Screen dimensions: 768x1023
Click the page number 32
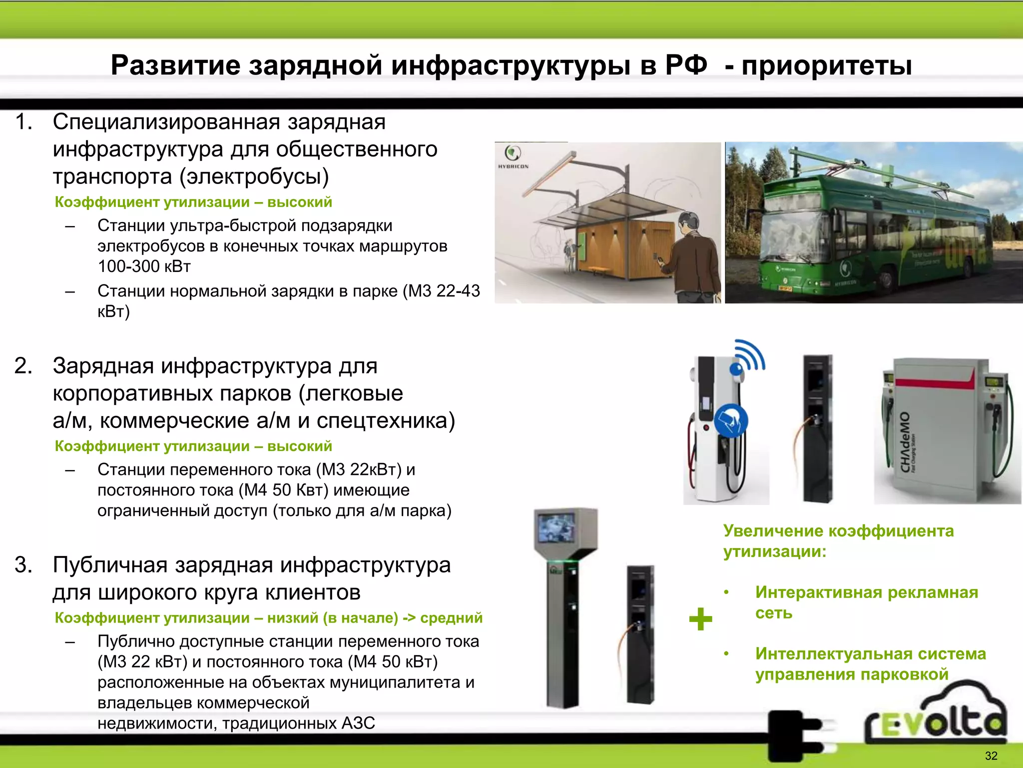991,755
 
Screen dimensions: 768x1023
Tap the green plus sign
700,619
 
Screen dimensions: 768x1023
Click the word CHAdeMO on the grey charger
905,442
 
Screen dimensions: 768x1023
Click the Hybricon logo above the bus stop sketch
513,156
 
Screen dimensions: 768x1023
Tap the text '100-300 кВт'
144,266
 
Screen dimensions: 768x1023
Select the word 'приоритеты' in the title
827,65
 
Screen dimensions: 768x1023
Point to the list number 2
23,366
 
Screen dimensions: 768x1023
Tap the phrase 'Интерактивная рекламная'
866,592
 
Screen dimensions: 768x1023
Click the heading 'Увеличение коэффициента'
838,531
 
